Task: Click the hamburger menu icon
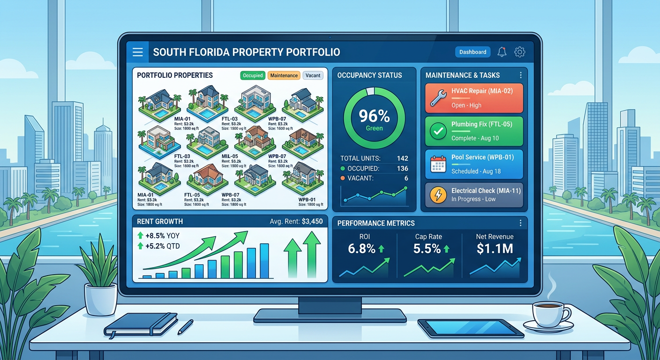pos(137,52)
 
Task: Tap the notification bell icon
pos(502,52)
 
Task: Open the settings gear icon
pos(519,52)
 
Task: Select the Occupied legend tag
pos(253,75)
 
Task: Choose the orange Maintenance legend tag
pos(284,75)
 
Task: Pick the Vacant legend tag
pos(313,75)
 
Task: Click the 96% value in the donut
pos(374,116)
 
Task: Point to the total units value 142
pos(402,158)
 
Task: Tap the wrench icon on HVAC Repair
pos(438,98)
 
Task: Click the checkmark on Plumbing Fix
pos(438,132)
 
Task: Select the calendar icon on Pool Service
pos(438,165)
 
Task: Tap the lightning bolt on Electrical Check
pos(438,195)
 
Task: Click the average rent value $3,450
pos(312,221)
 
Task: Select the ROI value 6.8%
pos(362,248)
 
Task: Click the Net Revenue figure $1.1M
pos(495,249)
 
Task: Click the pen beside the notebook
pos(185,326)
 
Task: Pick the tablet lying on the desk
pos(470,328)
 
